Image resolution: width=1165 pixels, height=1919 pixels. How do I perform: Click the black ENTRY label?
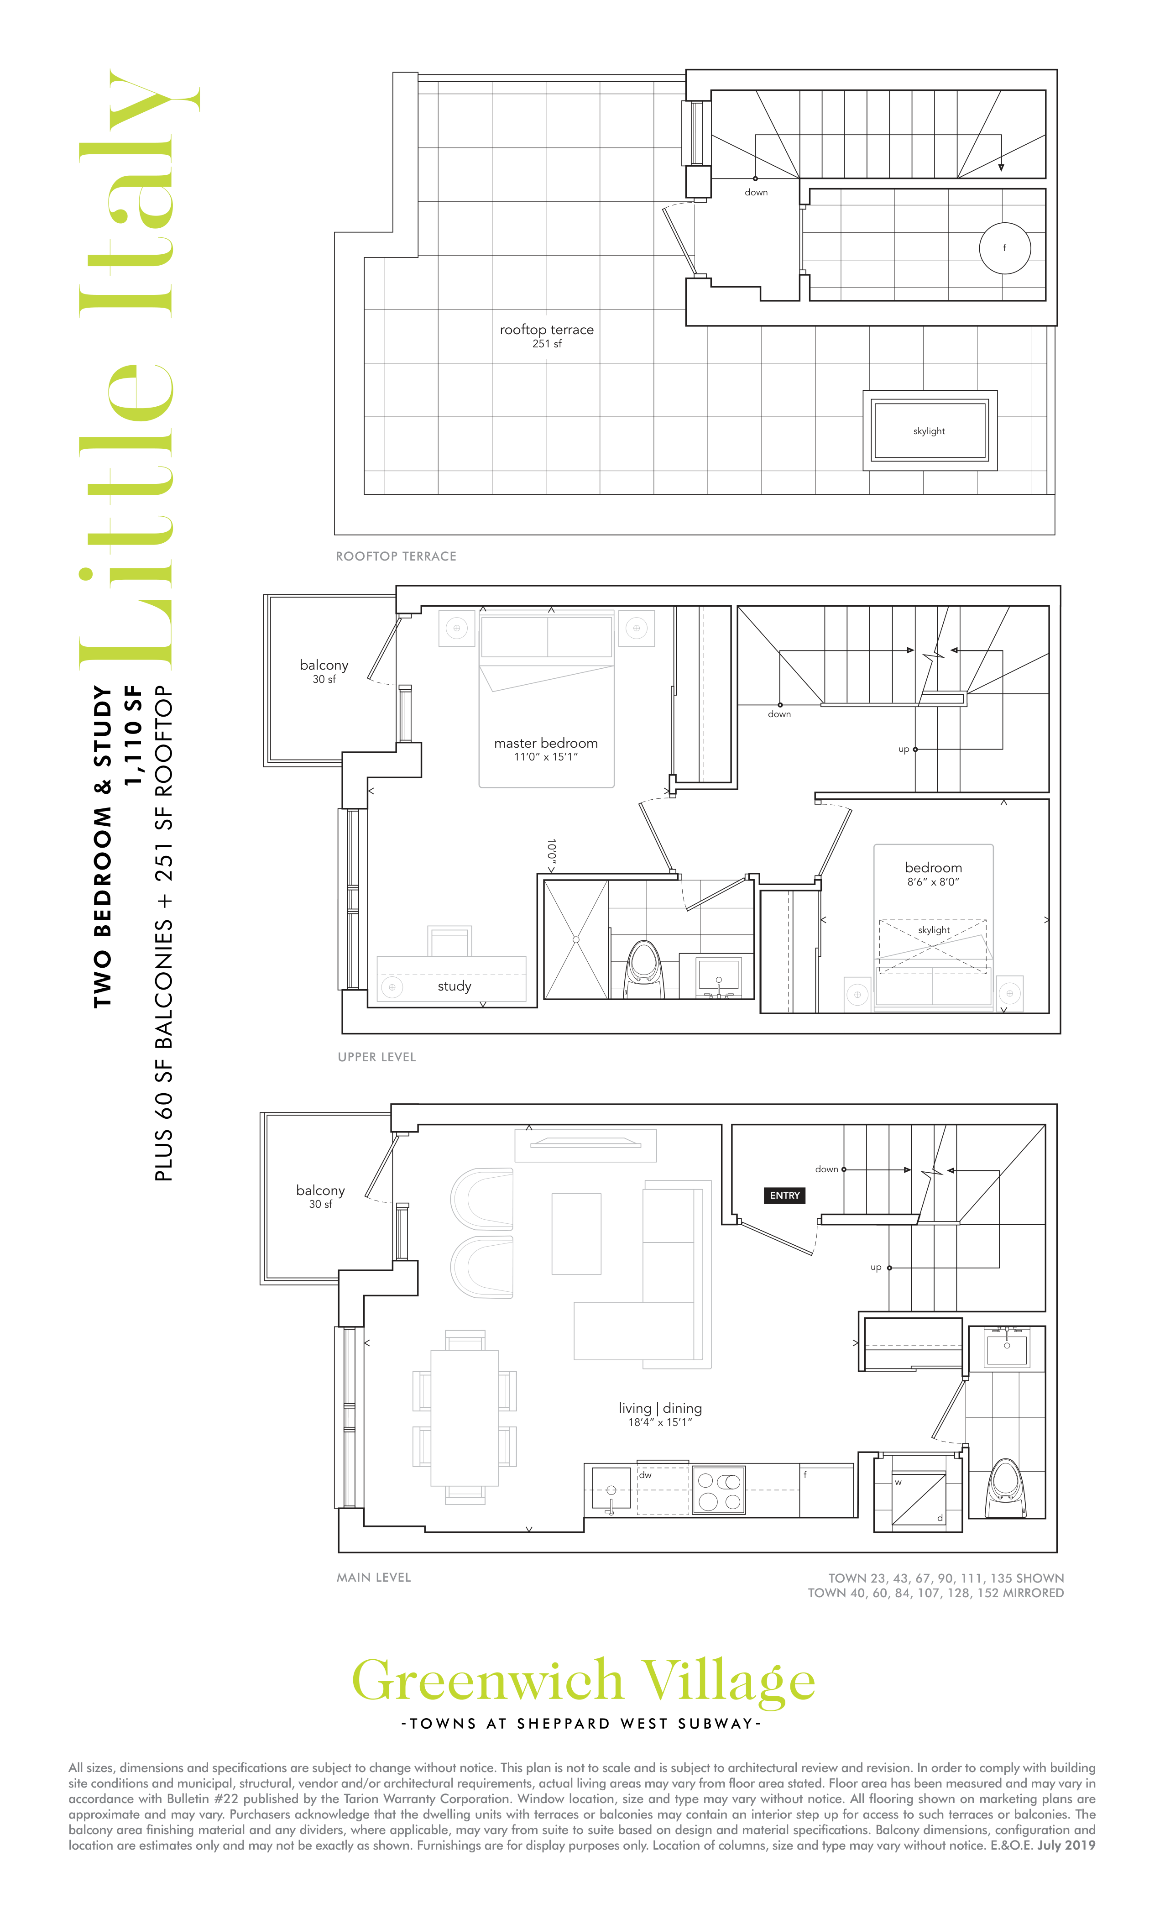point(784,1195)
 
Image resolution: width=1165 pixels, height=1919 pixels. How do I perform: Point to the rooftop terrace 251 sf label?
point(547,336)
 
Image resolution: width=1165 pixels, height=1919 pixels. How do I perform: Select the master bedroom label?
point(546,749)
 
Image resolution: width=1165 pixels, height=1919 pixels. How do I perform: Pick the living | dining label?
point(660,1414)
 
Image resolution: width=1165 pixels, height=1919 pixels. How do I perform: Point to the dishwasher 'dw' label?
point(645,1474)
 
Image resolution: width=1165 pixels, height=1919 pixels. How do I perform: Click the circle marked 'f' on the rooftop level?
point(1004,248)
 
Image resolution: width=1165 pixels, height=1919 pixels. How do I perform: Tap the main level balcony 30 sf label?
point(320,1196)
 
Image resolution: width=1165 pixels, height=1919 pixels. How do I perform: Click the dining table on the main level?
point(465,1417)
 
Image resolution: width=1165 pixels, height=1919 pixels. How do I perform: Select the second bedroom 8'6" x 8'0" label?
point(933,874)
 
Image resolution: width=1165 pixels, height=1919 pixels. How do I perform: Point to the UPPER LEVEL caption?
point(377,1057)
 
